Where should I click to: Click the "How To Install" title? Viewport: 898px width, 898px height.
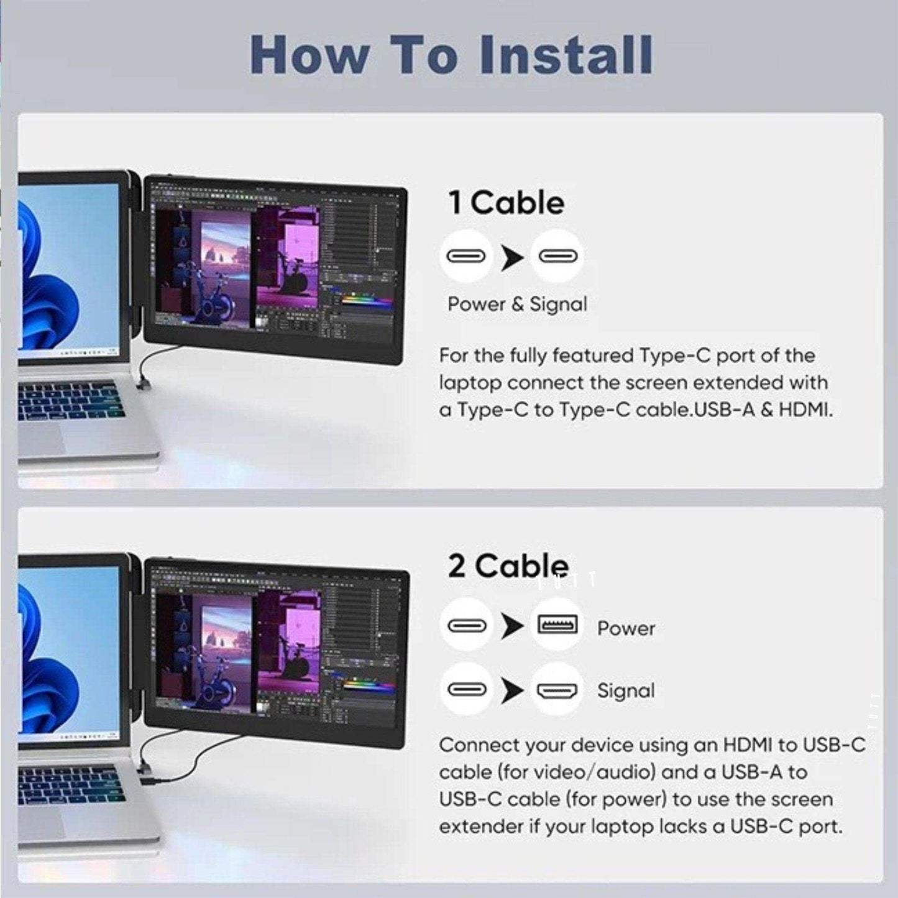(x=451, y=55)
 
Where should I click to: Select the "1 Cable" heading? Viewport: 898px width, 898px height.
(x=506, y=203)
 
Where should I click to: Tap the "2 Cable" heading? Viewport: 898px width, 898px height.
(x=508, y=566)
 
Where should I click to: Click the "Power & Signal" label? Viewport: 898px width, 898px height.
(x=517, y=304)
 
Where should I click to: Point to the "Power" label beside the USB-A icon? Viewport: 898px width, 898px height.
(x=626, y=628)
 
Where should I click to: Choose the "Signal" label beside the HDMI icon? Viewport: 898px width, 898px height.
(x=626, y=690)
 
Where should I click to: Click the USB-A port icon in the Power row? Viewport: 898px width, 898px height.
(x=557, y=625)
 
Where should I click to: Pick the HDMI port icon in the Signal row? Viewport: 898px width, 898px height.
(x=557, y=690)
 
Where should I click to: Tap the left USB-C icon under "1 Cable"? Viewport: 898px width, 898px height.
(x=466, y=256)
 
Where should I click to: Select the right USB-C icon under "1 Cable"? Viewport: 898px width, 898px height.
(x=557, y=256)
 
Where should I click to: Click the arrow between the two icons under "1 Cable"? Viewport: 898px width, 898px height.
(x=512, y=257)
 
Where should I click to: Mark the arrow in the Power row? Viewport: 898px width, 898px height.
(x=512, y=626)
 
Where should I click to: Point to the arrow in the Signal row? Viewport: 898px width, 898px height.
(x=512, y=690)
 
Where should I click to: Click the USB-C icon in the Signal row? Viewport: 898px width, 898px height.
(x=466, y=690)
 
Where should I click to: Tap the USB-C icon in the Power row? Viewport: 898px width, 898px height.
(x=466, y=625)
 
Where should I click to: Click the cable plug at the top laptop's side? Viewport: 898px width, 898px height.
(x=142, y=383)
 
